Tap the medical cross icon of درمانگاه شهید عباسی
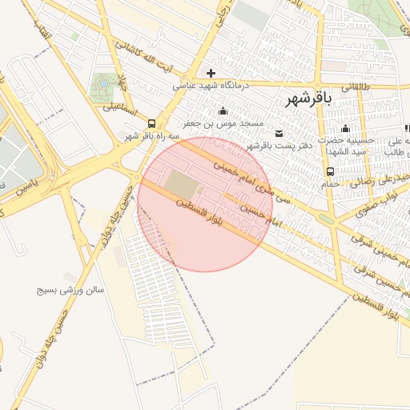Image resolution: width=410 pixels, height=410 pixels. tap(211, 73)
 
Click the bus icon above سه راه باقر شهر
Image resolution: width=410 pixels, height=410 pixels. tap(151, 123)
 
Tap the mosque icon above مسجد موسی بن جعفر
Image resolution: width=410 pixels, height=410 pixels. tap(222, 111)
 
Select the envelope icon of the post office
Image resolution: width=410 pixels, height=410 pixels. tap(279, 133)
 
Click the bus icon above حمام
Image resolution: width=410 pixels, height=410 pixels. tap(330, 171)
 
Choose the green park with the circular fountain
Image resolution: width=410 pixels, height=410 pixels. tap(102, 84)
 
